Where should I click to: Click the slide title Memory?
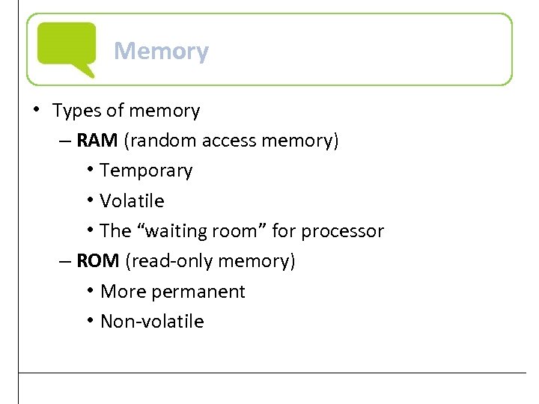[161, 51]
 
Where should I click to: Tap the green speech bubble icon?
[67, 47]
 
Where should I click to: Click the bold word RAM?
[92, 141]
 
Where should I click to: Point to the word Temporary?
[146, 171]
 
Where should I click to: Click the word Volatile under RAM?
[132, 201]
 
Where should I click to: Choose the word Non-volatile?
[152, 322]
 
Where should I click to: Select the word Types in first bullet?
[76, 111]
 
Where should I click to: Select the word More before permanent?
[120, 292]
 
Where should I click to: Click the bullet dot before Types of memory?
[37, 109]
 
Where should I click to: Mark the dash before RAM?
[65, 141]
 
